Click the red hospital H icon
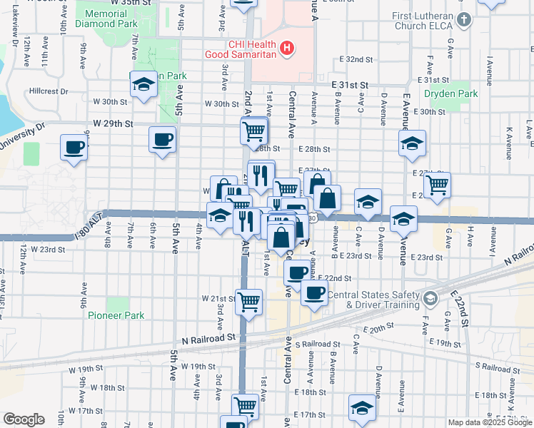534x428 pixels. point(286,49)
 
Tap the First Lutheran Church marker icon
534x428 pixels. point(465,19)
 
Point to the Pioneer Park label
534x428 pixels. point(116,315)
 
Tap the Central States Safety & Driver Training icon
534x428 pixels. point(429,297)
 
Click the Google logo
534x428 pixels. point(24,419)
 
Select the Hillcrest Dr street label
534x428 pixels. point(49,91)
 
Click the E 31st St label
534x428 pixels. point(350,85)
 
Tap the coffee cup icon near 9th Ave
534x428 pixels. point(74,148)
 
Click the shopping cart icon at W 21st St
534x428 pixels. point(248,302)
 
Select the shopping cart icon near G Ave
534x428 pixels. point(436,185)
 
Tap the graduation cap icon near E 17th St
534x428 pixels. point(362,408)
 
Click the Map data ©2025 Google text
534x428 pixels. point(490,422)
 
